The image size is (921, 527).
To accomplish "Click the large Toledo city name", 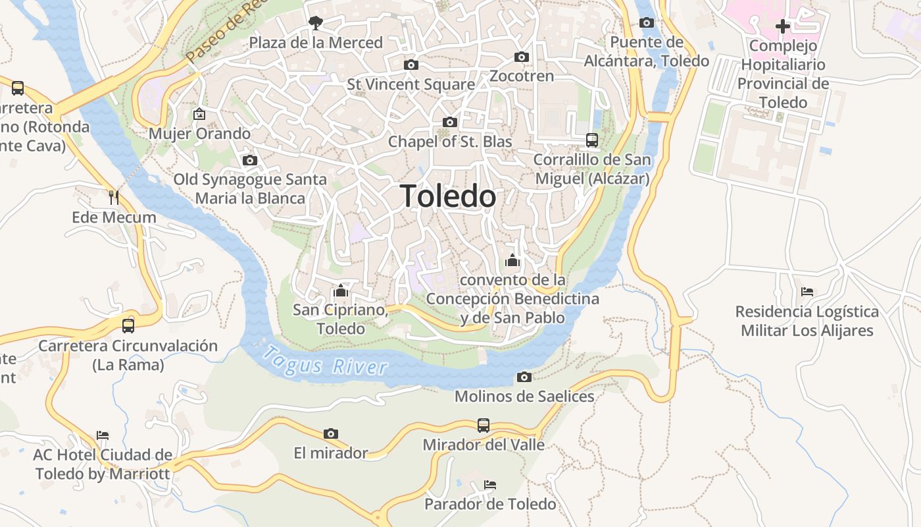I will click(x=448, y=196).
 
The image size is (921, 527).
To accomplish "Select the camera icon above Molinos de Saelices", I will click(x=524, y=377).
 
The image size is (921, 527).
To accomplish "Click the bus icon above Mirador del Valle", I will click(x=484, y=425).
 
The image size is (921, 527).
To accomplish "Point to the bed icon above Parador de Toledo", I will click(x=490, y=485).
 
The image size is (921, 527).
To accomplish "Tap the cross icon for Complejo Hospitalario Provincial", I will click(x=783, y=26).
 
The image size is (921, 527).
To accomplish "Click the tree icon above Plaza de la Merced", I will click(x=316, y=23).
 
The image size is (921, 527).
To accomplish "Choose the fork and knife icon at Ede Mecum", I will click(x=114, y=197).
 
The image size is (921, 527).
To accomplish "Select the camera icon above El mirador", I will click(x=331, y=433).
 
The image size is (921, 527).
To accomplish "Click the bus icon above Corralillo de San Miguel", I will click(x=592, y=140).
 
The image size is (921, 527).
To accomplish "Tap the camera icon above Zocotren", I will click(x=522, y=57).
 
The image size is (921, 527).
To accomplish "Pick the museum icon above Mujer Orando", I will click(x=199, y=114).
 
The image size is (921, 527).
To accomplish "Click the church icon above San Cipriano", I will click(x=341, y=290).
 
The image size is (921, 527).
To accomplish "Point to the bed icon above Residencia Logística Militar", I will click(x=807, y=291).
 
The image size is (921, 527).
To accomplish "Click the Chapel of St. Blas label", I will click(x=450, y=142).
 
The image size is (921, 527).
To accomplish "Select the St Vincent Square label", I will click(x=411, y=84).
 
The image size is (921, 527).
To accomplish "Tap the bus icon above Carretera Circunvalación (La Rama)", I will click(x=128, y=325).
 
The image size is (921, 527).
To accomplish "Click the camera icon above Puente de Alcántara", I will click(x=647, y=22).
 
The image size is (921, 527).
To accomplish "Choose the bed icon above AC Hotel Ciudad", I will click(x=103, y=435).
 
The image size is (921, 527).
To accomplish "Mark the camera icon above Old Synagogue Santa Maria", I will click(x=249, y=160).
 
